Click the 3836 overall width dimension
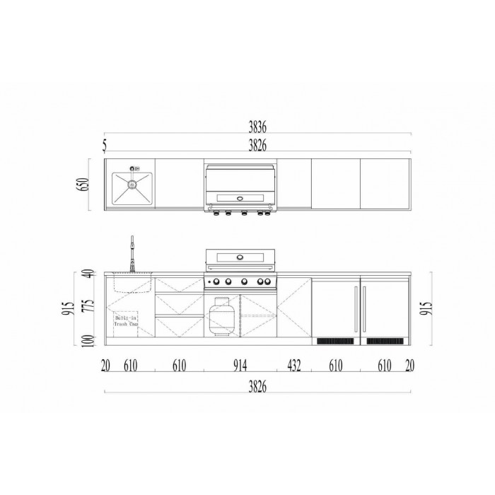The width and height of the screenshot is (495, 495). [x=257, y=127]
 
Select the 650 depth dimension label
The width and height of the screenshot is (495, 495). [x=83, y=185]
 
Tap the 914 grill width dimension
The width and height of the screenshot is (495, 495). [x=240, y=366]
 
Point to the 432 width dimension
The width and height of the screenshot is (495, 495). [x=294, y=366]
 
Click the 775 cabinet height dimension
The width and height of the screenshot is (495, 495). [x=88, y=305]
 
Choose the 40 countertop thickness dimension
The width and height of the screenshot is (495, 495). [x=89, y=274]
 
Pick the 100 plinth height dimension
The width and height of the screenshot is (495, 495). [x=89, y=341]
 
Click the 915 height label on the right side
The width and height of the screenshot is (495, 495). [x=426, y=308]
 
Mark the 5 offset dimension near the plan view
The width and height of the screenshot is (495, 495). [x=105, y=146]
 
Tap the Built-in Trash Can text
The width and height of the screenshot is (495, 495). [x=126, y=321]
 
